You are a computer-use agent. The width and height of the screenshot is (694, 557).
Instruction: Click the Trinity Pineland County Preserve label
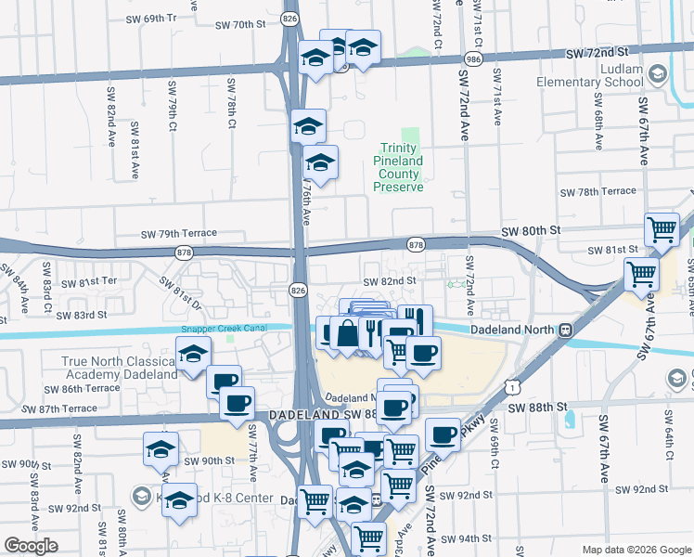pos(398,167)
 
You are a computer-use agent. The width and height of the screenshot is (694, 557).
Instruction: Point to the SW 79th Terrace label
pos(179,234)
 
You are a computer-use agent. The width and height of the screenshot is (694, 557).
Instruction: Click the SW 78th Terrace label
pos(598,192)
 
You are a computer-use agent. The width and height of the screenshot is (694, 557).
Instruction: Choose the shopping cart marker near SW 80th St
pos(662,229)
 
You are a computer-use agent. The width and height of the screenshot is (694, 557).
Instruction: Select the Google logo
pos(31,546)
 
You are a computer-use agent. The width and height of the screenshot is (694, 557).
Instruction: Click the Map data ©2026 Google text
pos(636,550)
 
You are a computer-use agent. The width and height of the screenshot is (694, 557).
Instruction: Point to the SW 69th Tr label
pos(143,18)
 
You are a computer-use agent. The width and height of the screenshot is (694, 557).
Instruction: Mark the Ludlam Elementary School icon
pos(658,73)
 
